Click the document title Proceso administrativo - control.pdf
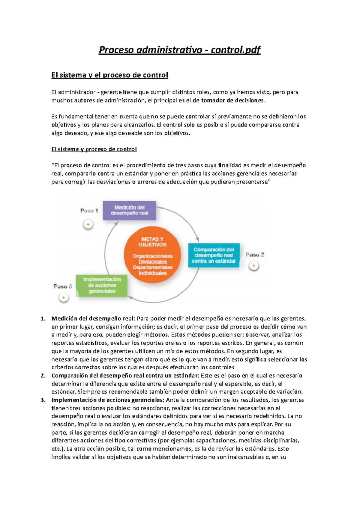click(180, 50)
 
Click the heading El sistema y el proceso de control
click(109, 75)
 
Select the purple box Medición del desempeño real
click(129, 210)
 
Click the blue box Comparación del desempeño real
click(214, 255)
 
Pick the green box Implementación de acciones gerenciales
click(102, 285)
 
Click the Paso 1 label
click(89, 211)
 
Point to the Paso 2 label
click(255, 255)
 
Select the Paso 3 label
click(63, 286)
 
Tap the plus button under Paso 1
click(88, 225)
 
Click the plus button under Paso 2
click(254, 266)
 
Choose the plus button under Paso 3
click(63, 298)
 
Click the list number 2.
click(43, 376)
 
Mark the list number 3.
click(43, 400)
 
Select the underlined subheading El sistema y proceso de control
click(94, 149)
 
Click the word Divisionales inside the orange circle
click(152, 262)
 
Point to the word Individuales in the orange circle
click(152, 273)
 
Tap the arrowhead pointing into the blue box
click(197, 240)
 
